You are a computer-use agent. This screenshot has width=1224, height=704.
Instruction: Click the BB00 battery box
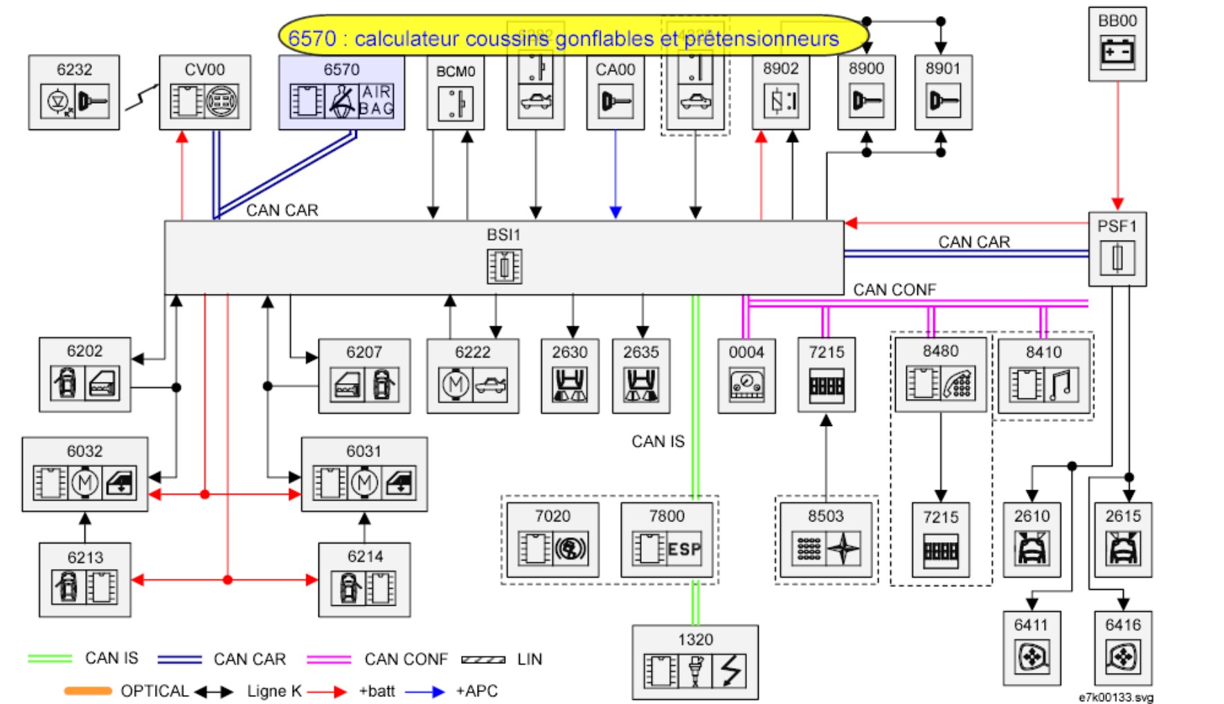[x=1117, y=44]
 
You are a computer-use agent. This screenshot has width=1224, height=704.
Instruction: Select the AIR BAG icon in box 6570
[x=376, y=101]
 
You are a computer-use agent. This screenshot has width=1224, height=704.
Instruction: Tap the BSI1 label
[x=503, y=234]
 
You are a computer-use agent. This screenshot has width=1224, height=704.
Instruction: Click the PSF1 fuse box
[x=1117, y=249]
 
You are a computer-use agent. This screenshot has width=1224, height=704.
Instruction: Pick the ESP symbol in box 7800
[x=684, y=549]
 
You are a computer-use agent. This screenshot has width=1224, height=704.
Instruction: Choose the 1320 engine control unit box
[x=695, y=662]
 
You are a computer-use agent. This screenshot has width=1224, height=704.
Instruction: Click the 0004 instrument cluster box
[x=746, y=375]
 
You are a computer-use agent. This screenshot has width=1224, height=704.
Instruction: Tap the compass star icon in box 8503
[x=844, y=549]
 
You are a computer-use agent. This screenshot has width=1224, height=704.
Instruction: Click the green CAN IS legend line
[x=49, y=658]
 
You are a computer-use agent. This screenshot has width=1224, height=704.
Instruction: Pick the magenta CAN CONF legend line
[x=329, y=659]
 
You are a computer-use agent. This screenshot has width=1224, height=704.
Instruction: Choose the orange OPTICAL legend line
[x=88, y=691]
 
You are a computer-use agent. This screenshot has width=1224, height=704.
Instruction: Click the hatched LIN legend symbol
[x=483, y=659]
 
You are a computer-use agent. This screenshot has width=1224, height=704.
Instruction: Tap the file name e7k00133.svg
[x=1115, y=697]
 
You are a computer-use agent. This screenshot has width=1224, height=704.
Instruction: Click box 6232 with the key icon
[x=74, y=93]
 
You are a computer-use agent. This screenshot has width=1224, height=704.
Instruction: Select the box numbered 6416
[x=1123, y=648]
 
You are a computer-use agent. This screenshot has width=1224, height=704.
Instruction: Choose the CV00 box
[x=205, y=93]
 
